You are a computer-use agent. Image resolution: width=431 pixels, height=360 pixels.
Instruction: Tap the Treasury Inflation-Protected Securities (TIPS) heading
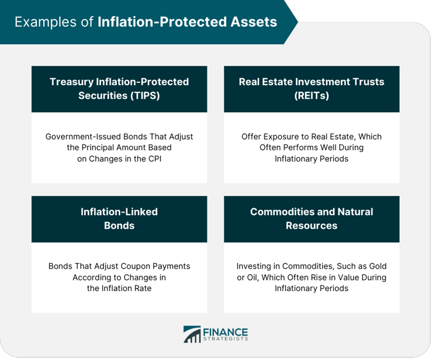click(x=119, y=89)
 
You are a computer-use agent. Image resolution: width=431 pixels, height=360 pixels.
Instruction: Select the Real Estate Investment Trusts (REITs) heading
click(x=311, y=89)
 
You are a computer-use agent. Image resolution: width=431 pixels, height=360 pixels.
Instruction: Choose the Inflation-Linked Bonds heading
click(x=119, y=219)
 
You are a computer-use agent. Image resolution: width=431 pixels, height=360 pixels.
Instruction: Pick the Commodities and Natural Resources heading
click(x=311, y=219)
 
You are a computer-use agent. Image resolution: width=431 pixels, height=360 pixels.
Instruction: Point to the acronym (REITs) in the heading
click(x=311, y=96)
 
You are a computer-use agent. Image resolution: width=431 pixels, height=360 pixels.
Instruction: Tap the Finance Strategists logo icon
click(x=191, y=334)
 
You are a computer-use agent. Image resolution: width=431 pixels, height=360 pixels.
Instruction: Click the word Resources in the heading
click(x=311, y=226)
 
